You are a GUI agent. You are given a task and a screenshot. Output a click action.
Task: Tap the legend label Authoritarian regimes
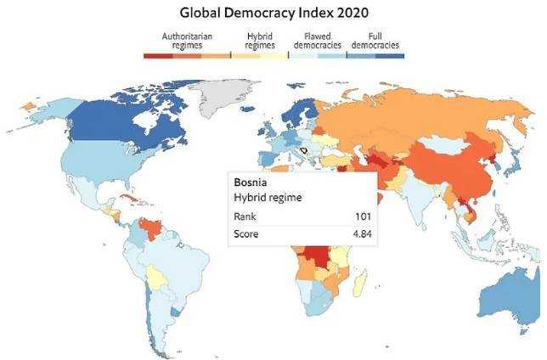(x=187, y=41)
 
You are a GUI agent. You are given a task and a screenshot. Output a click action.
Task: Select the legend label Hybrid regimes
(x=259, y=41)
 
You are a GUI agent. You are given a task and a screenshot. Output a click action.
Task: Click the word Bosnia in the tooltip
(x=251, y=182)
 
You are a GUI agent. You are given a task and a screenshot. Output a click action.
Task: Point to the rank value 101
(x=362, y=216)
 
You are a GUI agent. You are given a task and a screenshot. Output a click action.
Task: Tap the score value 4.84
(x=359, y=234)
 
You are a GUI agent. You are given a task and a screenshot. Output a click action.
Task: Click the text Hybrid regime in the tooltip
(x=268, y=197)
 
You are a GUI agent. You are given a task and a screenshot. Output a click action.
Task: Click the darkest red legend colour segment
(x=159, y=55)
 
